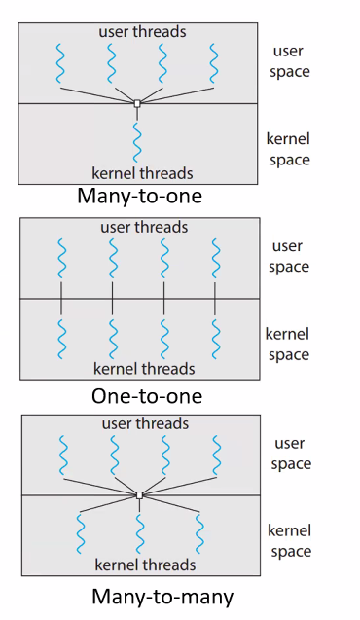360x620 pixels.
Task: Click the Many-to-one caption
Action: (139, 197)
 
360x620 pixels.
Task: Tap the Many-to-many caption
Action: (148, 595)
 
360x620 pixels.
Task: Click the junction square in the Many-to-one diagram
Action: (137, 102)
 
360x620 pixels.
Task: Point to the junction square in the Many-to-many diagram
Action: (139, 495)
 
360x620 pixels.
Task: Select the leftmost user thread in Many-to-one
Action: (61, 65)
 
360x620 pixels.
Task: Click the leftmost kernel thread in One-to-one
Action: (61, 339)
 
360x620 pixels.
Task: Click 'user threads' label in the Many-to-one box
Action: (142, 32)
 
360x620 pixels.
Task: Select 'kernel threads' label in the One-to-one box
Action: (144, 369)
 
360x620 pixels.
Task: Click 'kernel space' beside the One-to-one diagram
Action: (288, 345)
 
